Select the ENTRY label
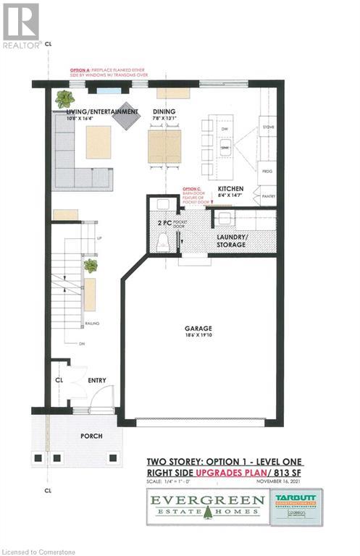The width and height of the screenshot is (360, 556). (x=97, y=379)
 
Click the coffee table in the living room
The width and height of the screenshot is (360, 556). (x=99, y=142)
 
